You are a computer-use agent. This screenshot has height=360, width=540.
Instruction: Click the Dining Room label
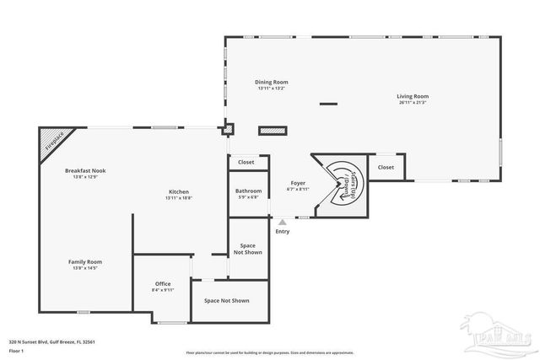point(272,82)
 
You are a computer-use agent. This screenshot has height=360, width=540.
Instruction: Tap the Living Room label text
point(413,96)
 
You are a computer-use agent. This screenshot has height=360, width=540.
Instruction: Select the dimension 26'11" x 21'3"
point(413,103)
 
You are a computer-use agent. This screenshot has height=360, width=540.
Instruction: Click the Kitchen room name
point(178,191)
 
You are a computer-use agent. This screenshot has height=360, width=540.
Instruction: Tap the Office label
point(163,283)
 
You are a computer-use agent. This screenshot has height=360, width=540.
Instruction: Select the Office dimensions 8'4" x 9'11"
point(163,290)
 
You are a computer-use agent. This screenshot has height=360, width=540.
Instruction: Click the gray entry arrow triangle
point(282,222)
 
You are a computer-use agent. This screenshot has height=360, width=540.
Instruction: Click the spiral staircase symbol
point(343,183)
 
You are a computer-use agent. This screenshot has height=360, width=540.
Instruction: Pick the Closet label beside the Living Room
point(386,167)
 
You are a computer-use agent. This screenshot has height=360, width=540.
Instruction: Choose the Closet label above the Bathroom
point(246,162)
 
